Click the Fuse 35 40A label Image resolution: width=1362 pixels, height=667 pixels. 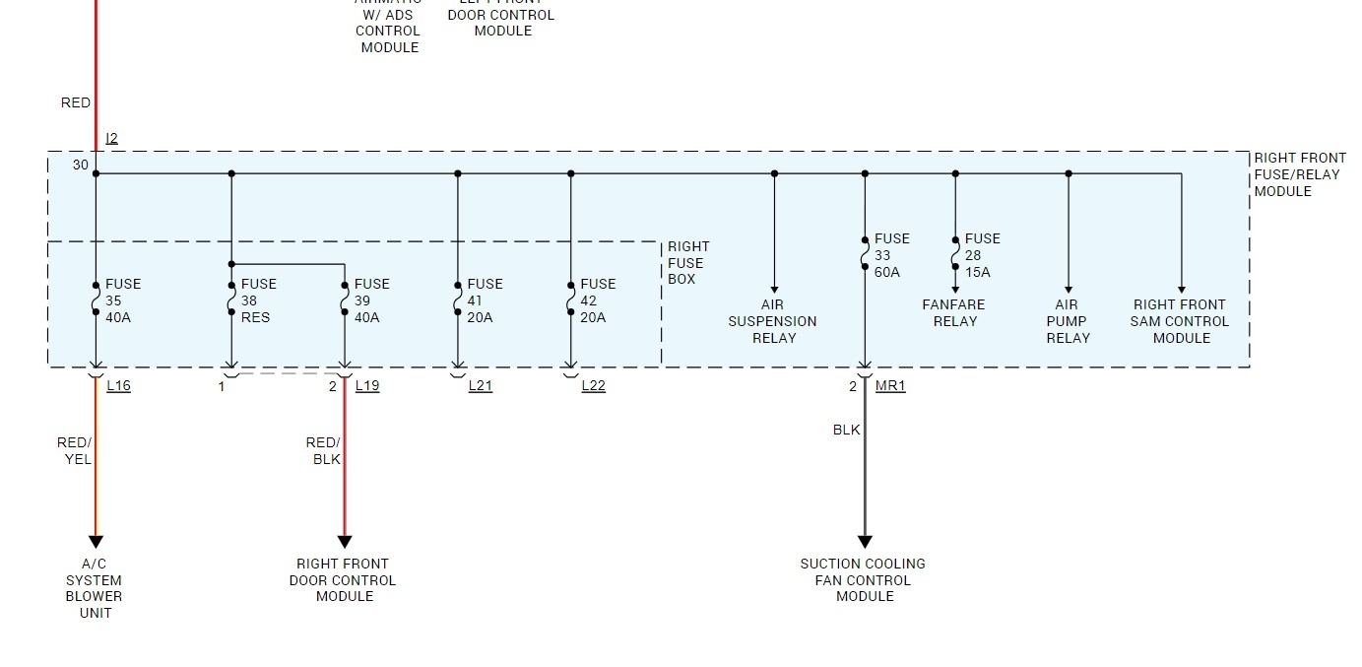click(x=123, y=300)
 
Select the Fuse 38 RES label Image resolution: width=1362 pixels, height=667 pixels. click(x=258, y=300)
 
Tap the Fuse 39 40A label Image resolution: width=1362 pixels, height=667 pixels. click(x=371, y=300)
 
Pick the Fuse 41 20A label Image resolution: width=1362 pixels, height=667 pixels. click(x=485, y=300)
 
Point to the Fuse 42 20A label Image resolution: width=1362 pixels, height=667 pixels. click(x=598, y=300)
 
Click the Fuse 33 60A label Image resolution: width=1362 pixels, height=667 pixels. click(x=891, y=255)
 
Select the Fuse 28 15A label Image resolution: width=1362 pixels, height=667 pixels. click(x=982, y=255)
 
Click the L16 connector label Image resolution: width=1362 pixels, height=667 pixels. click(x=118, y=385)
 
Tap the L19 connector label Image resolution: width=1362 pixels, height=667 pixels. click(x=366, y=385)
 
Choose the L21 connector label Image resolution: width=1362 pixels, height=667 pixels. click(x=480, y=385)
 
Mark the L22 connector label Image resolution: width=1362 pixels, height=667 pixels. click(x=593, y=385)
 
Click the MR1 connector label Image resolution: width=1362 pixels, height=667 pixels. click(x=890, y=385)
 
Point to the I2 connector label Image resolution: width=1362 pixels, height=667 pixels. click(x=111, y=139)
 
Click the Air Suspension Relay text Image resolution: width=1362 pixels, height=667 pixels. click(x=773, y=321)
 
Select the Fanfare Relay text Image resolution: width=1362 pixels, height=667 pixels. click(x=953, y=313)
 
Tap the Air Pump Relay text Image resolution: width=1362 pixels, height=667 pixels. click(x=1068, y=321)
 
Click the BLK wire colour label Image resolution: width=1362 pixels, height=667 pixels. click(x=846, y=430)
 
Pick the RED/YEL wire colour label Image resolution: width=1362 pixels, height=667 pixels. click(x=75, y=451)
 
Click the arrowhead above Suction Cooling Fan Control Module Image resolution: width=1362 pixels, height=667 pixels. click(x=865, y=542)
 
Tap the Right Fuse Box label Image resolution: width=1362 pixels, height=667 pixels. click(x=687, y=263)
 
